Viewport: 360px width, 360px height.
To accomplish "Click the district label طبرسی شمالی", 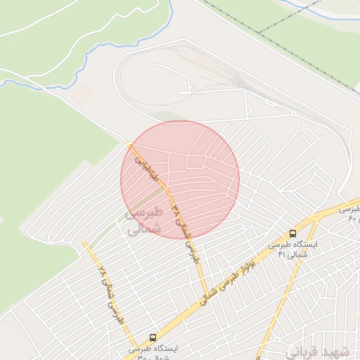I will [144, 219].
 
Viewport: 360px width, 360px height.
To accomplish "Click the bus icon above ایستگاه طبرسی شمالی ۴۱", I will [292, 233].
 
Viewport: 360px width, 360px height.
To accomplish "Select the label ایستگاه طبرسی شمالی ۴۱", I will [292, 250].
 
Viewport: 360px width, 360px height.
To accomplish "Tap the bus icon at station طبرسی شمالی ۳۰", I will [153, 337].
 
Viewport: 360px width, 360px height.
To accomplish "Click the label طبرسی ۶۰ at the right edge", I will [349, 212].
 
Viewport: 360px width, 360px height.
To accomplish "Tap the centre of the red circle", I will [180, 179].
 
